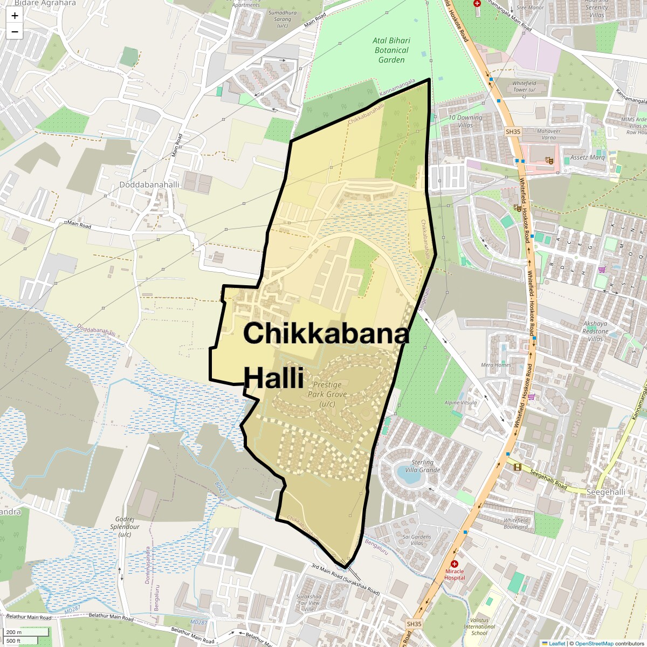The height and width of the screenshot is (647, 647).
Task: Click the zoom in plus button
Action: [x=15, y=16]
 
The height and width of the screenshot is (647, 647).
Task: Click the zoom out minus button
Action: [x=15, y=32]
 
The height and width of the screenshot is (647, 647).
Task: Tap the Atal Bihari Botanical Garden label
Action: [x=391, y=50]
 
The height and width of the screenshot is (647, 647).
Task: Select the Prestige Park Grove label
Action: [x=327, y=394]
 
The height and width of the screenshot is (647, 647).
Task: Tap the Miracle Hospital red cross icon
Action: [x=455, y=564]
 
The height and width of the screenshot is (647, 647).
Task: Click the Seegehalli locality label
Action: [x=605, y=492]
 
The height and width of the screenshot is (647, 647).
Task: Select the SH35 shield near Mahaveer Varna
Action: [x=513, y=132]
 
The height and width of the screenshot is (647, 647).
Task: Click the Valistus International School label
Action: [x=479, y=627]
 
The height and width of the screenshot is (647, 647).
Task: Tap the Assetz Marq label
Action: [x=588, y=158]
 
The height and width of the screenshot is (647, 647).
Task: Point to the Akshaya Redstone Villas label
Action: [x=595, y=331]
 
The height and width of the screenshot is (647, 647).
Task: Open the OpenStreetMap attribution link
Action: [x=594, y=643]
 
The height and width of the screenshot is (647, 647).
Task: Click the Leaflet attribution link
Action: [x=557, y=643]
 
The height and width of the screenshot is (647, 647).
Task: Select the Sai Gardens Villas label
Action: [x=417, y=540]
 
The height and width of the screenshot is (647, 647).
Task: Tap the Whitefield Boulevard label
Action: [x=516, y=523]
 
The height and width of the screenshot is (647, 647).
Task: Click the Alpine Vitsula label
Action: [x=460, y=403]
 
